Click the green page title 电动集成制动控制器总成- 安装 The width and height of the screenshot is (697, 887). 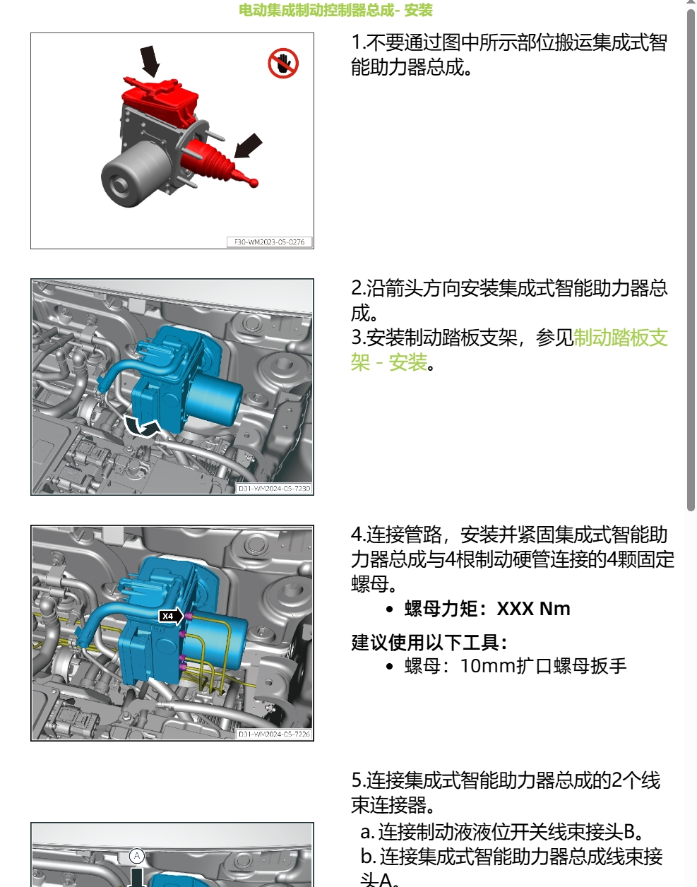pyautogui.click(x=335, y=10)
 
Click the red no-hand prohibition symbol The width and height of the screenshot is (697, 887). pyautogui.click(x=283, y=64)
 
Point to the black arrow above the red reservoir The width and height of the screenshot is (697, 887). pyautogui.click(x=150, y=60)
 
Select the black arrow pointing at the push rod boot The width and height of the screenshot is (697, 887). pyautogui.click(x=248, y=145)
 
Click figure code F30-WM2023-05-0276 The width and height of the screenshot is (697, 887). pyautogui.click(x=269, y=242)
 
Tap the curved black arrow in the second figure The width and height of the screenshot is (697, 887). pyautogui.click(x=142, y=426)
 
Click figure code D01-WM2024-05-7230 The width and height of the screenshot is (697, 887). pyautogui.click(x=274, y=488)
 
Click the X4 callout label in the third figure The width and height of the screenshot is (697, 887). pyautogui.click(x=168, y=616)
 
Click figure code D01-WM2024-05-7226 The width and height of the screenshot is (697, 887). pyautogui.click(x=274, y=734)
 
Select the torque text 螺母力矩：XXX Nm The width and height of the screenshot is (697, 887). pyautogui.click(x=487, y=609)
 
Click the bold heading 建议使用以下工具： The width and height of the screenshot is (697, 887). pyautogui.click(x=430, y=643)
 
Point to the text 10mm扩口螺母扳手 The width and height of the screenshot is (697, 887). pyautogui.click(x=543, y=666)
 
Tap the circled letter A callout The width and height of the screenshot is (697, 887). pyautogui.click(x=137, y=856)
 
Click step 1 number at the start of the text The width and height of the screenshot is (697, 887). pyautogui.click(x=357, y=42)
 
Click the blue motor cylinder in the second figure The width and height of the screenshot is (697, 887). pyautogui.click(x=215, y=399)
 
